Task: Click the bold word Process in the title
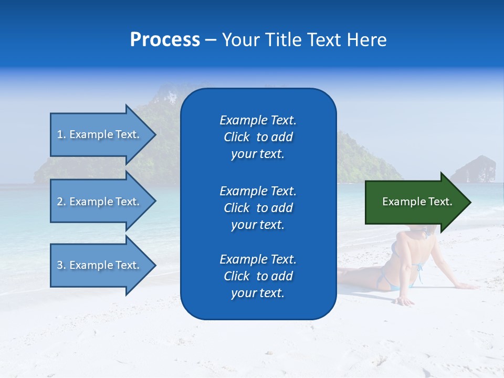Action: click(x=165, y=40)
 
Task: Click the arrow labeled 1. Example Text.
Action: click(x=98, y=134)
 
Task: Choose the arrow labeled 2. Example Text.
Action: click(x=98, y=202)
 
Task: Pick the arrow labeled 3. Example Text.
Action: click(x=98, y=265)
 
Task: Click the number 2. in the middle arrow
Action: click(x=61, y=202)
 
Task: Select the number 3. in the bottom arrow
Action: click(x=61, y=265)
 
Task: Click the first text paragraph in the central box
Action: click(x=258, y=137)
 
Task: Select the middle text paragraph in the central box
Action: click(x=258, y=208)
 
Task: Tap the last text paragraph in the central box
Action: click(x=258, y=276)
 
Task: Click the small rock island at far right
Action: click(x=474, y=170)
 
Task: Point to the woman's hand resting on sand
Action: click(x=405, y=301)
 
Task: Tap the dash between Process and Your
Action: click(x=211, y=40)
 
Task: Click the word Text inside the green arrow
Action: click(x=439, y=202)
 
